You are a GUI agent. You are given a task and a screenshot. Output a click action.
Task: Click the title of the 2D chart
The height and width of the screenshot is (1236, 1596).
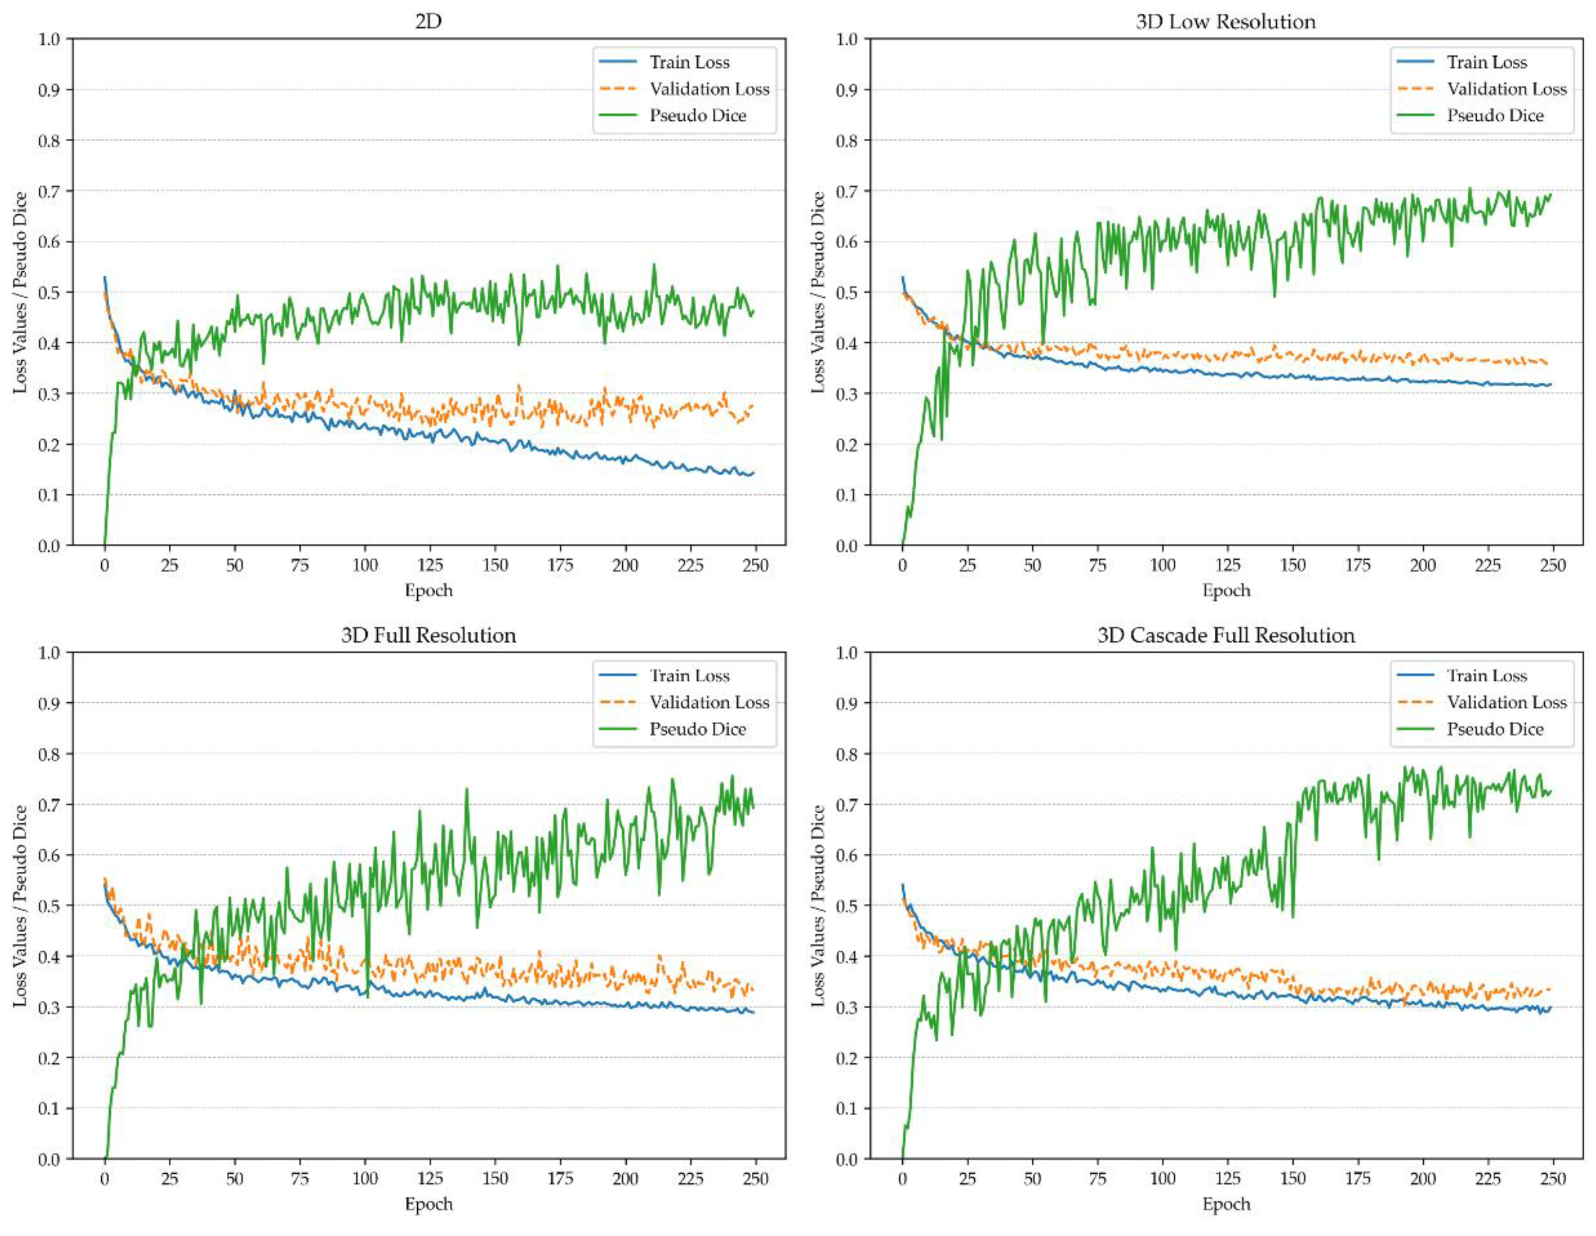[428, 21]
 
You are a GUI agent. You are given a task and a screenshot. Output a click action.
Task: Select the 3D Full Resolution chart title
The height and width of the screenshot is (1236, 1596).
[428, 635]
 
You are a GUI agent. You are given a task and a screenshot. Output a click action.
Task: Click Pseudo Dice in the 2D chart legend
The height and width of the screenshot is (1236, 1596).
[697, 115]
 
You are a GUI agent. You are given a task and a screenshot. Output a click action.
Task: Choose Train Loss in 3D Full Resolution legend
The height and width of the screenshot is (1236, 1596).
[689, 675]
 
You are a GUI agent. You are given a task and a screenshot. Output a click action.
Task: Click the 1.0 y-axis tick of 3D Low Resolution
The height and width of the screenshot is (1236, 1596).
[848, 39]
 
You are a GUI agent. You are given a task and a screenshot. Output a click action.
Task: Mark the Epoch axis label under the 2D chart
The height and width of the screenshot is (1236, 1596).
[428, 590]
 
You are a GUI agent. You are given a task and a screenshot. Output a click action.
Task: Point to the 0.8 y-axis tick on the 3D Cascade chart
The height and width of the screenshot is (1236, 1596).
[848, 753]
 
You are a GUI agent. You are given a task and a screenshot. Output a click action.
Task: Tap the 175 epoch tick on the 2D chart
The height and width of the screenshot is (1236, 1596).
[560, 565]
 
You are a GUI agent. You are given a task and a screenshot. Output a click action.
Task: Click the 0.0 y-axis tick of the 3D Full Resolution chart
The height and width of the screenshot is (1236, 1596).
[50, 1159]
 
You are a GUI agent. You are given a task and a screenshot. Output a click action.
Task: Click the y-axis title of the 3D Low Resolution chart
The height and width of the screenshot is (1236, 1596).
[818, 292]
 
